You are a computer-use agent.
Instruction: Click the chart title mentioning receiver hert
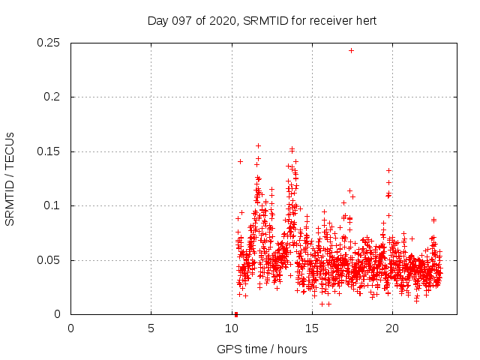point(262,21)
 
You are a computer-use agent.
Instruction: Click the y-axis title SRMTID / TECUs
point(10,178)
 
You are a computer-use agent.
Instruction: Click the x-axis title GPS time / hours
point(262,349)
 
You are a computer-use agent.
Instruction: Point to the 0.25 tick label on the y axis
point(49,43)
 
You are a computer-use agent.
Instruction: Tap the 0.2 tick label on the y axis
point(52,97)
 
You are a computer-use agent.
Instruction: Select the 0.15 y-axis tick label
point(49,151)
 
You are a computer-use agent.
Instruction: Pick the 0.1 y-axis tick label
point(52,206)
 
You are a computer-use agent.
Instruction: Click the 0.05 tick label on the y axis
point(49,260)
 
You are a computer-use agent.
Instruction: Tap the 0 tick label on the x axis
point(70,328)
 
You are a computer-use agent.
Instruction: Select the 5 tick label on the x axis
point(151,328)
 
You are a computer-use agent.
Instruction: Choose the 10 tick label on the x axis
point(231,328)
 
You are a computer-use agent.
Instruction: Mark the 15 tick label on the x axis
point(311,328)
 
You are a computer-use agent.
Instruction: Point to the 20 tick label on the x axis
point(391,328)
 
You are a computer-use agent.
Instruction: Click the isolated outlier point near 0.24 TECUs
point(351,50)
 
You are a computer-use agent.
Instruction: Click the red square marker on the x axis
point(236,314)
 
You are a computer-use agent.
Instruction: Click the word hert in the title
point(365,21)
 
